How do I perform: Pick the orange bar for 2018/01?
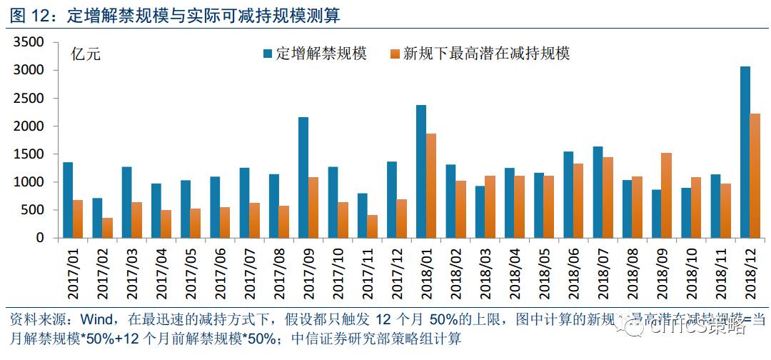point(431,186)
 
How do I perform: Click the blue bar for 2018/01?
point(421,171)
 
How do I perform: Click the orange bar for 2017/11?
point(373,226)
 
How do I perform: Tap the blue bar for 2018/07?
point(598,192)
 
